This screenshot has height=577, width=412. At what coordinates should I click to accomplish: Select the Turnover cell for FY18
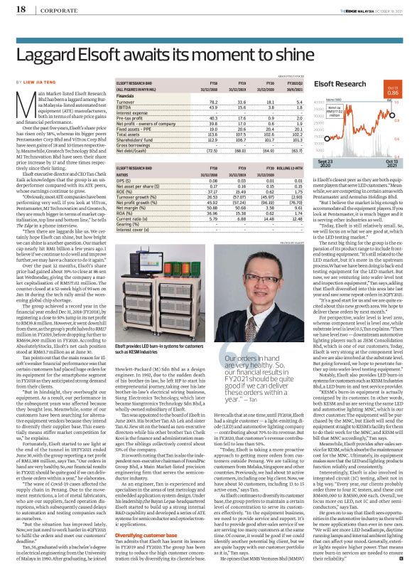(189, 101)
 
